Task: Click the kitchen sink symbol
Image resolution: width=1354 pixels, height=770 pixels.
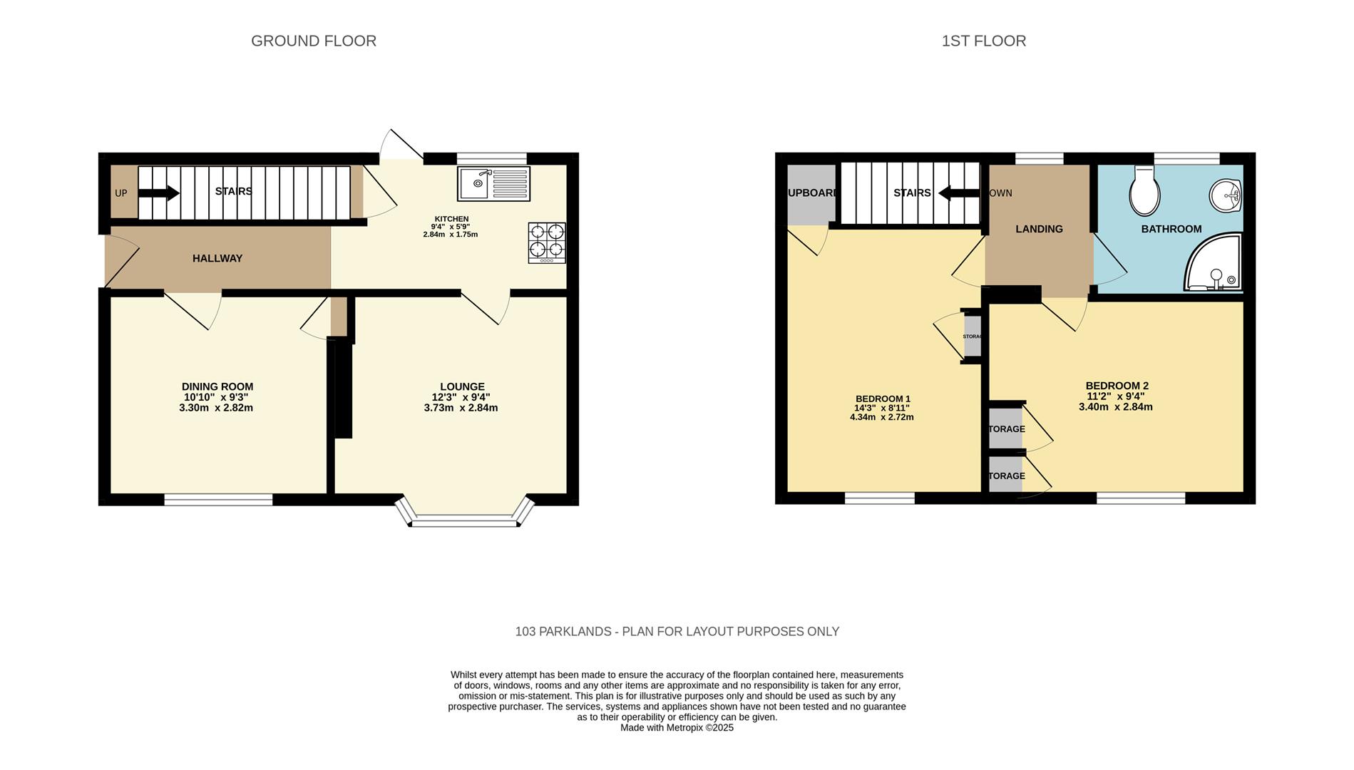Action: (494, 184)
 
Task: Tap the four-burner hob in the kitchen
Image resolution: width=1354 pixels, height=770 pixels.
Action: (547, 242)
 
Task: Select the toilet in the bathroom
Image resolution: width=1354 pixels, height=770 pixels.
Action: (1144, 191)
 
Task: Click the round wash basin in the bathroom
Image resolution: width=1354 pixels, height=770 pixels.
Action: (1226, 195)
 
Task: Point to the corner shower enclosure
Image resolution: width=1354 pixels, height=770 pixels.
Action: (1214, 264)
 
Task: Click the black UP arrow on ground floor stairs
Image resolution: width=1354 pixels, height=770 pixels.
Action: (158, 192)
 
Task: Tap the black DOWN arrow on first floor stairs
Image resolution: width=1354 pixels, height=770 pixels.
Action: (958, 192)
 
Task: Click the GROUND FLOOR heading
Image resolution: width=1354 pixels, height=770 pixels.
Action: (314, 41)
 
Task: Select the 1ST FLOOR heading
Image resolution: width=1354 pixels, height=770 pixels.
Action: (983, 41)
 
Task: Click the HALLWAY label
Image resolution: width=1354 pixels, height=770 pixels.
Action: (217, 259)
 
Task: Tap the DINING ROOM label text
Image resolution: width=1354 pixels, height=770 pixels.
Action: (217, 386)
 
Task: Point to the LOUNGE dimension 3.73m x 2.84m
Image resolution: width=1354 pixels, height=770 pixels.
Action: (461, 408)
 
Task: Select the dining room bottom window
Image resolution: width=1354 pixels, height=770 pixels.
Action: (218, 500)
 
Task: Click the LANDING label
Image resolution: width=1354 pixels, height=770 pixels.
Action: (1039, 229)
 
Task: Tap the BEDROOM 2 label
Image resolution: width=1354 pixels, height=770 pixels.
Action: (1117, 386)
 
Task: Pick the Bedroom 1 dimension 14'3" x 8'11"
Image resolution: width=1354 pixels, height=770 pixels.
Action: (882, 408)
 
